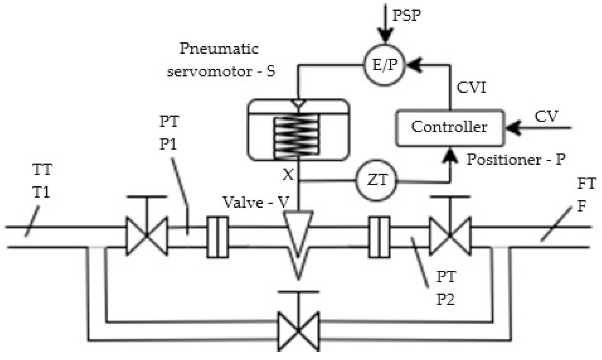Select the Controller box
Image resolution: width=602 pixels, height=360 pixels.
click(x=450, y=128)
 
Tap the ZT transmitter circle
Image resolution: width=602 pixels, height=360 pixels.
click(x=377, y=180)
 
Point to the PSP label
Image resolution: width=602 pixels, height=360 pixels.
click(x=407, y=16)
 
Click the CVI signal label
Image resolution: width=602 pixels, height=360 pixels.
click(x=471, y=87)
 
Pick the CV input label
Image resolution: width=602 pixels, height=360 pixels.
click(x=546, y=116)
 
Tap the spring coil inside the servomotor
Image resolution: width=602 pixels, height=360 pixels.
click(x=296, y=136)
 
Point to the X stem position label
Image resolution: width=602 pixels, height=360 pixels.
click(x=288, y=175)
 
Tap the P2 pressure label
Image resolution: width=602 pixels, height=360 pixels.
click(x=446, y=300)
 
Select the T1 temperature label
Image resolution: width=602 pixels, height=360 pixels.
click(x=42, y=193)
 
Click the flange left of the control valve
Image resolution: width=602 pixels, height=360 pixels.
click(x=218, y=237)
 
